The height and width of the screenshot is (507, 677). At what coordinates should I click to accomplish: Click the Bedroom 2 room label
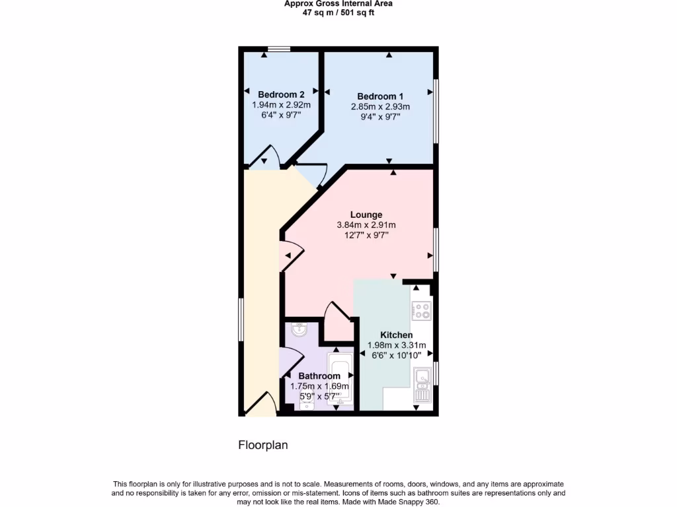(x=281, y=94)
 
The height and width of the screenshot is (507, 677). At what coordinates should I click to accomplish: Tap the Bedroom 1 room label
(x=380, y=96)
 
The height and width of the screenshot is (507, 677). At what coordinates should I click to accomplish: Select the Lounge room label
(x=366, y=215)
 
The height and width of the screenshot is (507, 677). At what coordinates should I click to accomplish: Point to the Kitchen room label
(x=397, y=335)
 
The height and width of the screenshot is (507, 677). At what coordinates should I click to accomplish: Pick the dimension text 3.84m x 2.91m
(x=366, y=225)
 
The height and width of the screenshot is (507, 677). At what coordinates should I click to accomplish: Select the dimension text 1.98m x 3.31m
(x=397, y=345)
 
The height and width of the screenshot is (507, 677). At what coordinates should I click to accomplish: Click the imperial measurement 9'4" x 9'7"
(x=380, y=117)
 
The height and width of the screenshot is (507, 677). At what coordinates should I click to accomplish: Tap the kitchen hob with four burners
(x=421, y=310)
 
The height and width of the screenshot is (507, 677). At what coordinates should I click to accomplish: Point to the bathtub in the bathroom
(x=341, y=379)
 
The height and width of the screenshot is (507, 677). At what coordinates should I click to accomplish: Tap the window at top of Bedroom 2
(x=279, y=48)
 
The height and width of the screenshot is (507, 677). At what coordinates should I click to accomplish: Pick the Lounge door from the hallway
(x=291, y=256)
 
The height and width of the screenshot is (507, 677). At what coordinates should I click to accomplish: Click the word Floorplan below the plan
(x=263, y=445)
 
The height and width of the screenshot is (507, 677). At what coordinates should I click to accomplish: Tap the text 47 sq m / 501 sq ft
(x=338, y=13)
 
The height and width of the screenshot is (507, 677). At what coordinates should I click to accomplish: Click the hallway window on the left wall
(x=241, y=320)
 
